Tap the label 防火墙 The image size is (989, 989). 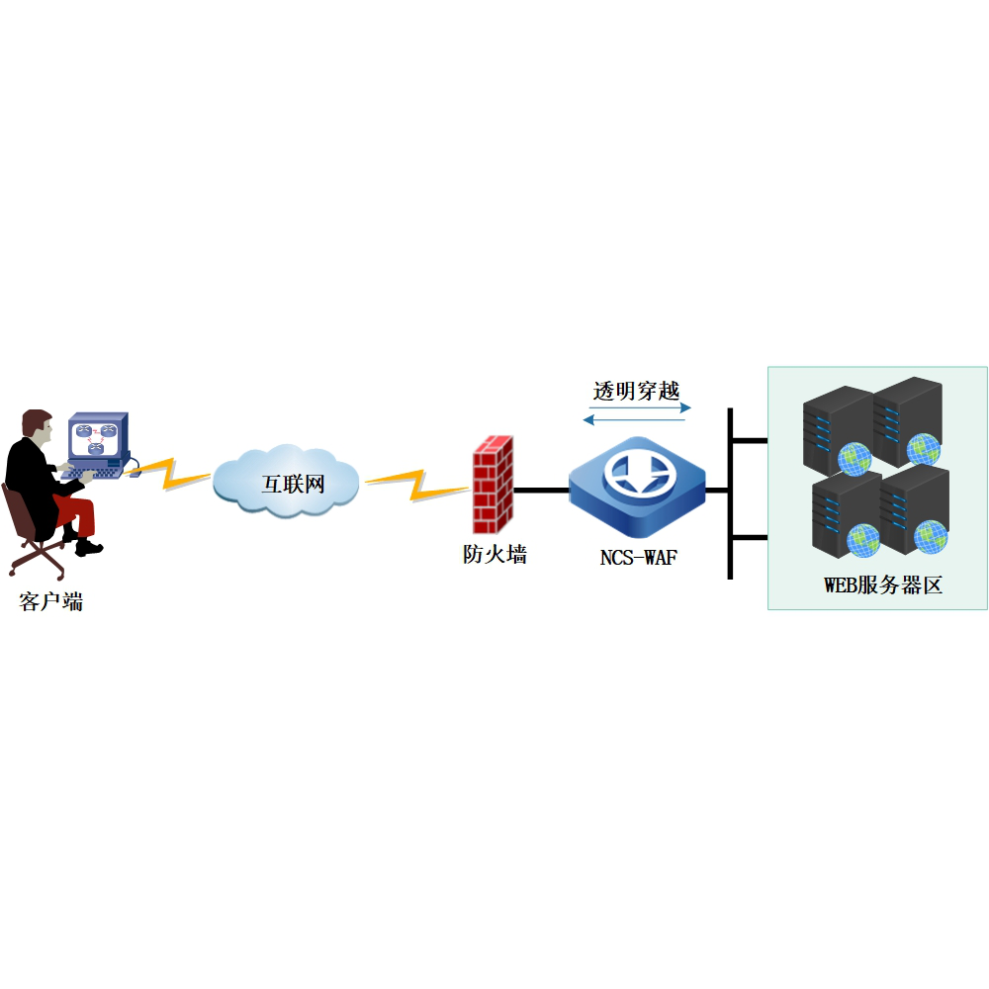494,555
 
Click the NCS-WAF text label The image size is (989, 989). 638,558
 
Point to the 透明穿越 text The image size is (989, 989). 637,390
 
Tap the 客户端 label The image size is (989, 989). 50,600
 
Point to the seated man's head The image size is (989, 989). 39,426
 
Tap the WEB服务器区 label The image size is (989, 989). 883,585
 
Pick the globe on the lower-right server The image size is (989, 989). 929,537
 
